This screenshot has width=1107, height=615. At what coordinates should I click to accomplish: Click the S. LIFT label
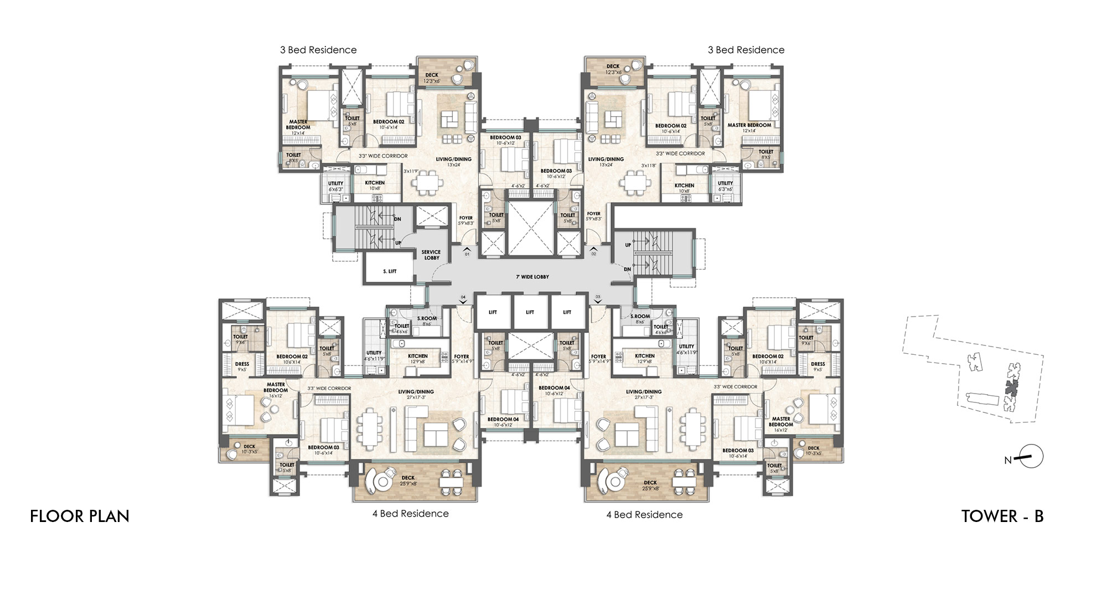[x=390, y=271]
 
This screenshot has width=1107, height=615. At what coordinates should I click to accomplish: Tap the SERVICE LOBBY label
[x=431, y=255]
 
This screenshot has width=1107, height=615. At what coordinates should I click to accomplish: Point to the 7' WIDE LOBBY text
[x=532, y=277]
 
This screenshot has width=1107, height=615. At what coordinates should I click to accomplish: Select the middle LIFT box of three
[x=530, y=312]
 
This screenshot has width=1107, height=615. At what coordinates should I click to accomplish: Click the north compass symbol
[x=1030, y=457]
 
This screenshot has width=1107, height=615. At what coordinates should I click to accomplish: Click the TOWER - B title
[x=1002, y=516]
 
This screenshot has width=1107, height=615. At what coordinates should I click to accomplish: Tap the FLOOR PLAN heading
[x=80, y=516]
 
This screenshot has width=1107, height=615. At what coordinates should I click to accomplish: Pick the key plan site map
[x=972, y=369]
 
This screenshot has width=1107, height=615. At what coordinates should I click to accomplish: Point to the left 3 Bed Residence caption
[x=318, y=50]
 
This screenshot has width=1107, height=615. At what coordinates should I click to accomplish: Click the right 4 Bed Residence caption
[x=644, y=514]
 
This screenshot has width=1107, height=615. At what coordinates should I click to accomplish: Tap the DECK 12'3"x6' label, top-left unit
[x=432, y=78]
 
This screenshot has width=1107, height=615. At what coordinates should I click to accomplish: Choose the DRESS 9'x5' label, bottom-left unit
[x=242, y=366]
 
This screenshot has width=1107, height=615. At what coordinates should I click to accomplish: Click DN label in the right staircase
[x=627, y=270]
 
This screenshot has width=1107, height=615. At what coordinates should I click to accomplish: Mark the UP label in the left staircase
[x=398, y=243]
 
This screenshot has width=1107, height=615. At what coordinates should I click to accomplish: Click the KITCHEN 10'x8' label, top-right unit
[x=684, y=188]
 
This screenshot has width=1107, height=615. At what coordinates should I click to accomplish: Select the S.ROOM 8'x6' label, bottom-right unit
[x=640, y=319]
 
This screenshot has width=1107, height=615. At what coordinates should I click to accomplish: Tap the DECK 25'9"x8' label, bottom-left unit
[x=408, y=480]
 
